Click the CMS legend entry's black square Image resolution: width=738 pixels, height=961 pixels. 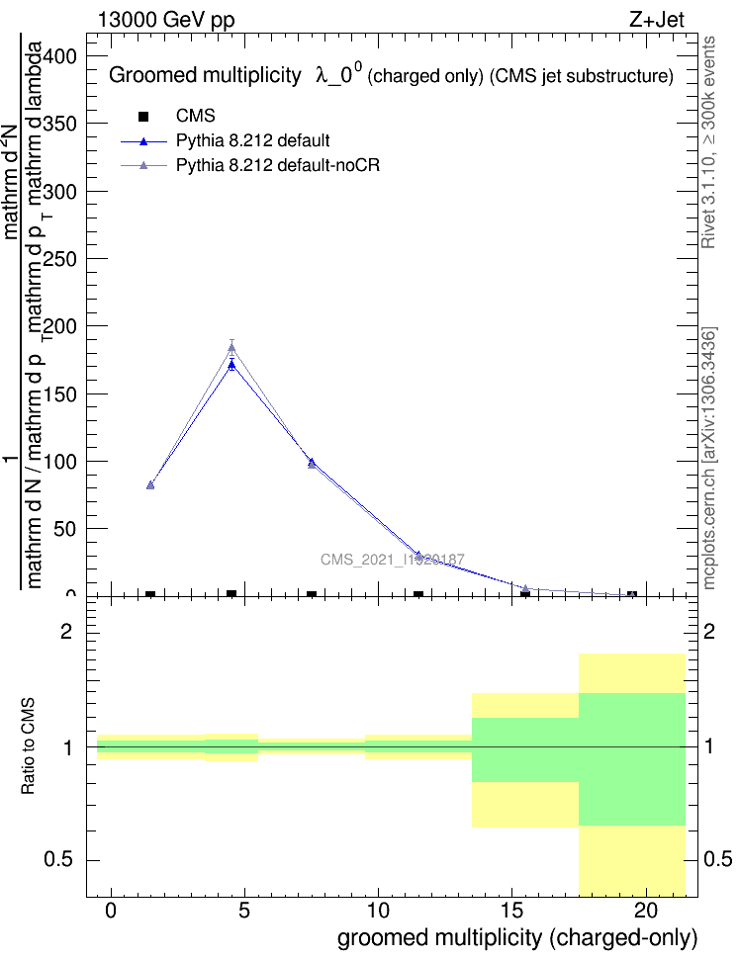[142, 117]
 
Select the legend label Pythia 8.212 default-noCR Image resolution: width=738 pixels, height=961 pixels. [278, 165]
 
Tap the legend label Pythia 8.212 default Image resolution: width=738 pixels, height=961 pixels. [252, 140]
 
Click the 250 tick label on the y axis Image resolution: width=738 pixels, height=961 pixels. [61, 259]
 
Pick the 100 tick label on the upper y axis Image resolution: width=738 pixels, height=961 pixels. [61, 462]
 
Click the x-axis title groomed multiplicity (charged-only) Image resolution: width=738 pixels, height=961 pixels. [517, 937]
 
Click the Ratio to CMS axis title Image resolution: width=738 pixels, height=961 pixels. [30, 747]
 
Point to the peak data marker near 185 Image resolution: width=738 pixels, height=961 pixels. [231, 346]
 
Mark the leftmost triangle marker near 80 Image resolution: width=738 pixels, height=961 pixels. [150, 484]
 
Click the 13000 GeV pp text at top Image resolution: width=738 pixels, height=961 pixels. [166, 19]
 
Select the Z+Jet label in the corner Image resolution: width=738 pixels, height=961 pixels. [656, 19]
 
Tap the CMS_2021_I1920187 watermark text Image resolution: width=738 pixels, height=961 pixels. [393, 560]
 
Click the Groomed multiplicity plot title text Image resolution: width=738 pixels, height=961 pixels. [204, 75]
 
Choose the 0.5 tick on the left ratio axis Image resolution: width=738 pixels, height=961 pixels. [63, 860]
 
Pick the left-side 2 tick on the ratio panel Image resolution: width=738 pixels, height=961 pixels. [70, 632]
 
